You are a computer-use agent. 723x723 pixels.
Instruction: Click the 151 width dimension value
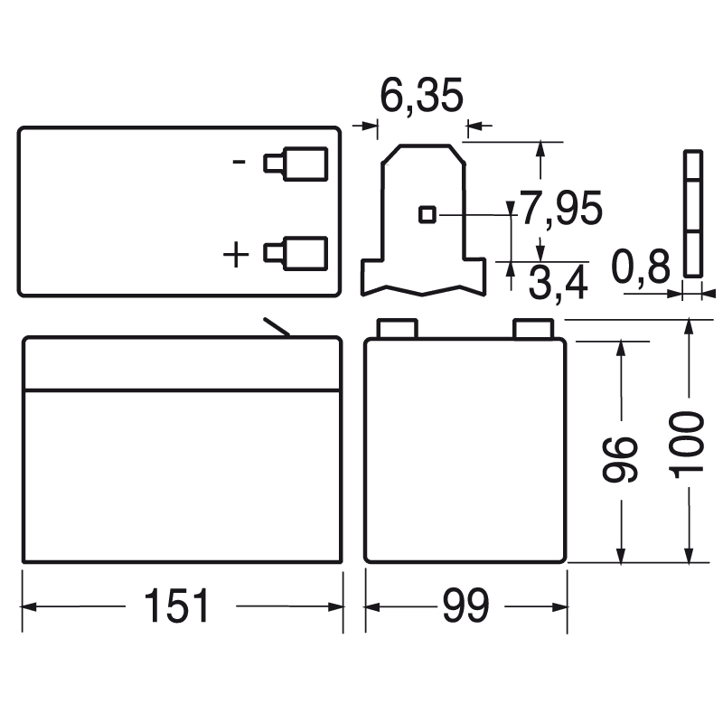(176, 605)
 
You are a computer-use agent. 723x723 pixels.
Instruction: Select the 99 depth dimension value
(465, 605)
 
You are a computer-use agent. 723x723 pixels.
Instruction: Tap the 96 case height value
(620, 460)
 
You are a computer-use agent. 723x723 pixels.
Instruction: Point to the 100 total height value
(687, 445)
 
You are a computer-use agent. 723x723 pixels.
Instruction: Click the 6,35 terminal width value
(421, 97)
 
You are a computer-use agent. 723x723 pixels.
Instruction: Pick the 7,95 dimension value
(561, 209)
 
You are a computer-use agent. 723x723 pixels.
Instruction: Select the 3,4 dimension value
(559, 283)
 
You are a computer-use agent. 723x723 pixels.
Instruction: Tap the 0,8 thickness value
(641, 267)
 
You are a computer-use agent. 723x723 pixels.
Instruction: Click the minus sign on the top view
(239, 162)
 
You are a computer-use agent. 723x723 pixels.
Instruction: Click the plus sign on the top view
(236, 254)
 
